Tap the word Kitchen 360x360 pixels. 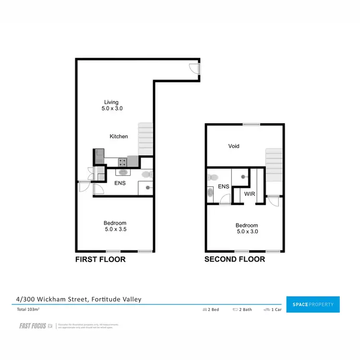pos(119,136)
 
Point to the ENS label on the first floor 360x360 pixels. pos(120,183)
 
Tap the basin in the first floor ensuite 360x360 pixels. pos(123,172)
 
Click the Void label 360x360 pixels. pos(234,146)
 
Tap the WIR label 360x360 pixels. pos(249,194)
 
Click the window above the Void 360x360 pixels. pos(250,124)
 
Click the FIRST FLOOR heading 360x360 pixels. pos(100,259)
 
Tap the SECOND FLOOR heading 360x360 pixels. pos(235,259)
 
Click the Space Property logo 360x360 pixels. pos(312,304)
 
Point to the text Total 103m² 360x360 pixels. pos(28,310)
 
